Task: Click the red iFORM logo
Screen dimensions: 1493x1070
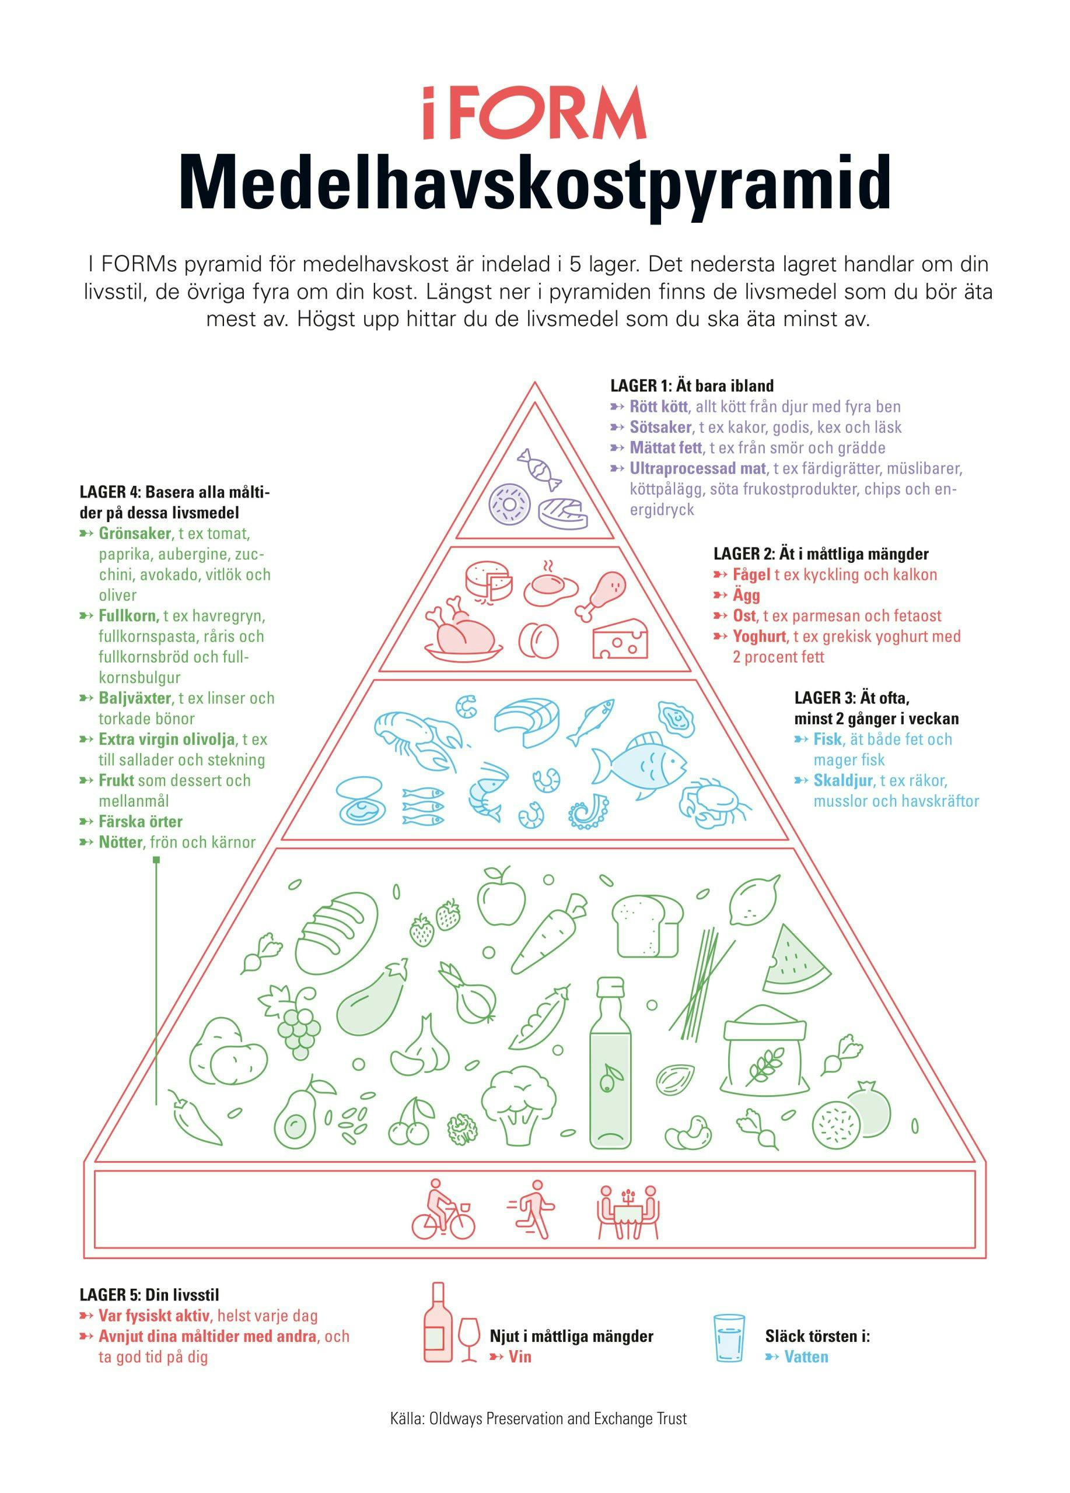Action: tap(534, 113)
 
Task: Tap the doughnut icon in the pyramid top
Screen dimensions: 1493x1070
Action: tap(509, 505)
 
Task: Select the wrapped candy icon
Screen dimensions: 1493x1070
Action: tap(539, 469)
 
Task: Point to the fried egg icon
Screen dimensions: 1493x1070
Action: tap(551, 584)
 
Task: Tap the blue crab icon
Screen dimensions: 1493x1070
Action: tap(715, 802)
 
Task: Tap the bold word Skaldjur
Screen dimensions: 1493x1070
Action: tap(843, 780)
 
